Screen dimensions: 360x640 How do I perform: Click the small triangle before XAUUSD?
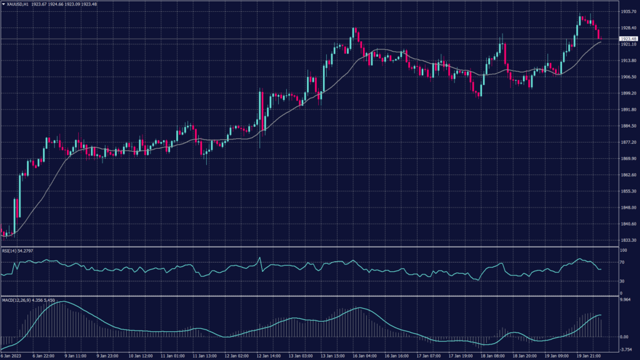pyautogui.click(x=3, y=4)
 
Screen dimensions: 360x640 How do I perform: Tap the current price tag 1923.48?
pyautogui.click(x=626, y=39)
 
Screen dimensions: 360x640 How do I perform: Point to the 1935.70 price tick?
pyautogui.click(x=626, y=12)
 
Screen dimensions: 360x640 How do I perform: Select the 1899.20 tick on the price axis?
pyautogui.click(x=626, y=93)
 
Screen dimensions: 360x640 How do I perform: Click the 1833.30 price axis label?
pyautogui.click(x=626, y=240)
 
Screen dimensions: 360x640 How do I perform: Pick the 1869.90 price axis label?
pyautogui.click(x=626, y=159)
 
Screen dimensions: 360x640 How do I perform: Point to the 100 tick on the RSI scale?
pyautogui.click(x=622, y=250)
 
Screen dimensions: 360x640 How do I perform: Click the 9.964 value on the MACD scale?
pyautogui.click(x=624, y=300)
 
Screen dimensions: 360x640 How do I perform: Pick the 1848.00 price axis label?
pyautogui.click(x=626, y=207)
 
